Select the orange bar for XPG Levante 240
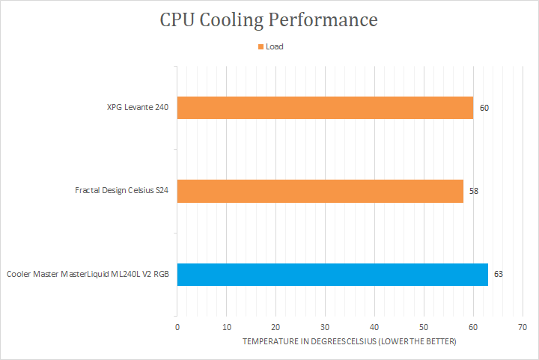[325, 108]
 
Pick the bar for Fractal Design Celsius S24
[320, 191]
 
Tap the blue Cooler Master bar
[332, 274]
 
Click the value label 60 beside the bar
[484, 108]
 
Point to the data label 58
[474, 191]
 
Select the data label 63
[499, 274]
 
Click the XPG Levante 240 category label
[137, 108]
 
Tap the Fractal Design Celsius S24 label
[121, 191]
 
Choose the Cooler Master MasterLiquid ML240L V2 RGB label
[88, 274]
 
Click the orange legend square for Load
[261, 46]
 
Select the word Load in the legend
[275, 46]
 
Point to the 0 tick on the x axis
[177, 327]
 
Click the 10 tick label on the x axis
[226, 327]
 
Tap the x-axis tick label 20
[275, 327]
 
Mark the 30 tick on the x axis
[325, 327]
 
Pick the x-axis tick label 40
[374, 327]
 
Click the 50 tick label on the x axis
[424, 327]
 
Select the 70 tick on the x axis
[523, 327]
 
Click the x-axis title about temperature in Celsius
[349, 341]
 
